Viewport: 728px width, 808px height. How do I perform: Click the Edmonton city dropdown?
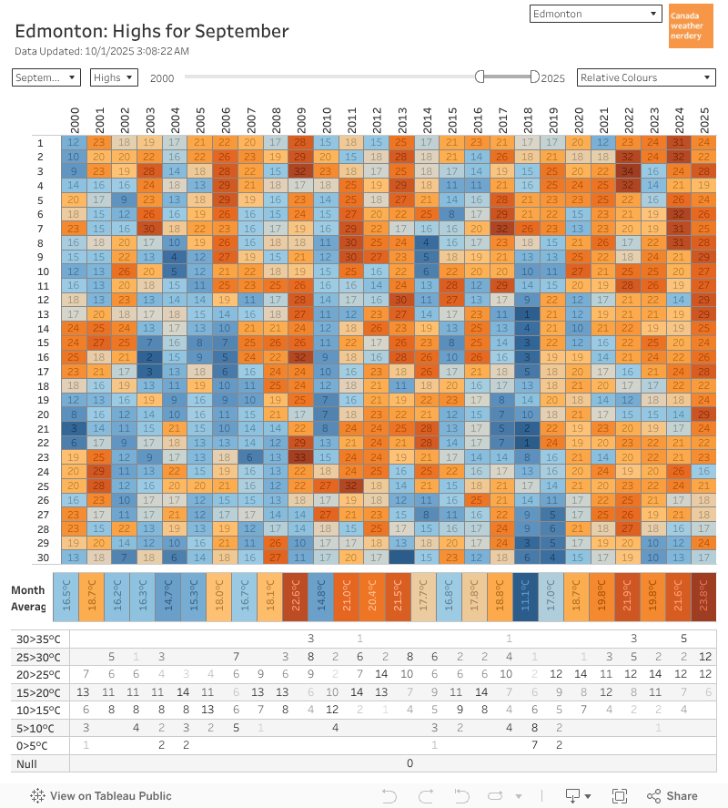[x=595, y=14]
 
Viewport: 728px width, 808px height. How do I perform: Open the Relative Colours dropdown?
[x=646, y=77]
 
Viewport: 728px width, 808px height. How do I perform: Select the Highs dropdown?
[x=114, y=77]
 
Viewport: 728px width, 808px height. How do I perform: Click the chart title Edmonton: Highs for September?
[x=152, y=31]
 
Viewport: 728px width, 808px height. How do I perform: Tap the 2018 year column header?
[x=527, y=119]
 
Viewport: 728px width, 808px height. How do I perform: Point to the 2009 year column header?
[x=300, y=119]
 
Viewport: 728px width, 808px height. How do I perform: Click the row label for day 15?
[x=40, y=343]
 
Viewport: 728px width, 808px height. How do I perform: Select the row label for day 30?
[x=40, y=557]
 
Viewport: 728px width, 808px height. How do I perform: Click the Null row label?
[x=26, y=762]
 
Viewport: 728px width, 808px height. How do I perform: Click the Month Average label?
[x=28, y=598]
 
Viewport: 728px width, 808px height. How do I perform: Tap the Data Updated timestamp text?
[x=102, y=51]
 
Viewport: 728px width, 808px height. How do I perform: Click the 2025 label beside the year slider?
[x=553, y=78]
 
